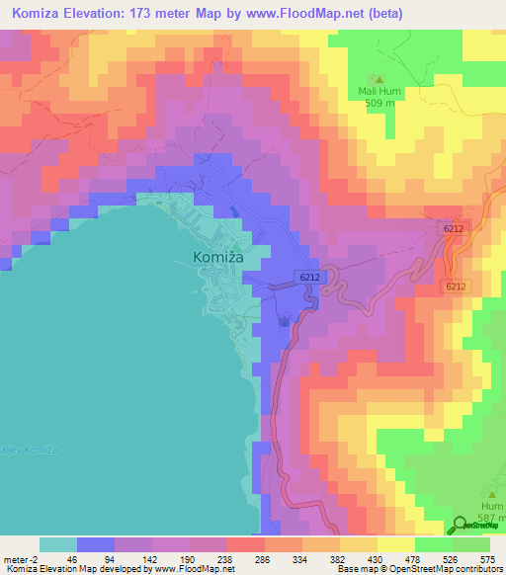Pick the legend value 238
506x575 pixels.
pyautogui.click(x=207, y=559)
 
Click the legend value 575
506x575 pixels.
pyautogui.click(x=486, y=559)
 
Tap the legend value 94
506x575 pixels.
pyautogui.click(x=95, y=559)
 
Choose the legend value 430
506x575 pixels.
pyautogui.click(x=375, y=559)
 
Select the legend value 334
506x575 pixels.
pyautogui.click(x=318, y=559)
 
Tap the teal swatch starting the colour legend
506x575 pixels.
pyautogui.click(x=57, y=545)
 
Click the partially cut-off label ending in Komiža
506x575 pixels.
pyautogui.click(x=30, y=450)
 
